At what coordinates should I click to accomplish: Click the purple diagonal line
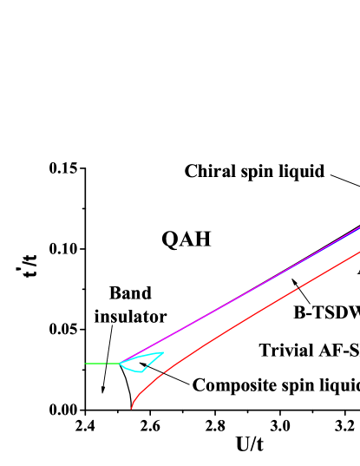coord(243,293)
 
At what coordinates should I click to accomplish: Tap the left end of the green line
coord(85,364)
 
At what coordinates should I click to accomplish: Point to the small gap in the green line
coord(107,364)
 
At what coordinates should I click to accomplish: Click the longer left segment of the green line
coord(95,364)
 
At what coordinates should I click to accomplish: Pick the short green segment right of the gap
coord(113,364)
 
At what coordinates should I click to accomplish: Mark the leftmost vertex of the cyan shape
coord(120,364)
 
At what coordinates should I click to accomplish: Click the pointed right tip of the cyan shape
coord(163,352)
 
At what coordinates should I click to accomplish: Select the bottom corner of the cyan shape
coord(141,372)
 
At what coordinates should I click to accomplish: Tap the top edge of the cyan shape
coord(141,357)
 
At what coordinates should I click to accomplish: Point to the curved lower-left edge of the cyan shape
coord(128,370)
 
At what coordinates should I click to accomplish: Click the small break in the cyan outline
coord(147,366)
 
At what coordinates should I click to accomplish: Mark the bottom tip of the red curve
coord(131,408)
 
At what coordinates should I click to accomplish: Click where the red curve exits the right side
coord(359,252)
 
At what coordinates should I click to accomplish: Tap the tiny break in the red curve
coord(298,287)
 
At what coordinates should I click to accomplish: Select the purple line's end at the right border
coord(359,227)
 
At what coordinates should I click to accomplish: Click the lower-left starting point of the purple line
coord(121,363)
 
